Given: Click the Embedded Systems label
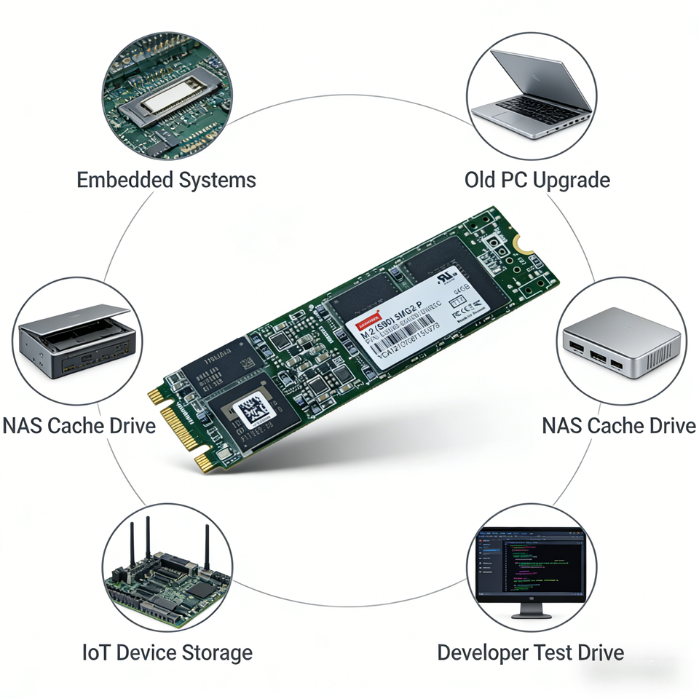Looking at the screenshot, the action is (166, 180).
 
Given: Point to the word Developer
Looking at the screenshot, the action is (482, 652).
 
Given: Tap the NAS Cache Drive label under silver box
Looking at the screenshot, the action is (618, 426).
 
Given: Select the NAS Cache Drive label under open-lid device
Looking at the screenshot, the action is (79, 426).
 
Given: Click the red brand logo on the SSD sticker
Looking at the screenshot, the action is (368, 321).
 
